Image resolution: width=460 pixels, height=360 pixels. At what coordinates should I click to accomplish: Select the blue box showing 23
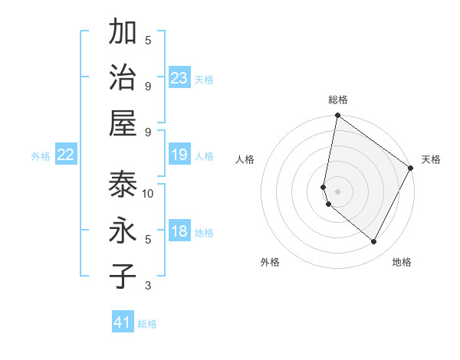(179, 78)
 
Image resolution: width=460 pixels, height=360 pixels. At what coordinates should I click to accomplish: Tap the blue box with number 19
(179, 155)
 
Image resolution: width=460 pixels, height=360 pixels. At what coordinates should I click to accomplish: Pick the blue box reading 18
(179, 232)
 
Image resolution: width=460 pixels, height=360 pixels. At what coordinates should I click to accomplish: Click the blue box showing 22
(66, 155)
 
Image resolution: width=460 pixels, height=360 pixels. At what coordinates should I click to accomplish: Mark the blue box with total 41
(123, 322)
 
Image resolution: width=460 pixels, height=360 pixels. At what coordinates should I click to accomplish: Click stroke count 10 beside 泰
(148, 194)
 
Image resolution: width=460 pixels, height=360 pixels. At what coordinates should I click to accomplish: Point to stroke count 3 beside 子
(148, 286)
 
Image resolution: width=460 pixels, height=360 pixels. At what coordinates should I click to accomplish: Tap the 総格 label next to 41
(147, 324)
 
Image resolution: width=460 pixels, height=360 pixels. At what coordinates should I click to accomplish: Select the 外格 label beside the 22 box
(41, 156)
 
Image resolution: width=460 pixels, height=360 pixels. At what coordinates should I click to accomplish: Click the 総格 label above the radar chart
(337, 100)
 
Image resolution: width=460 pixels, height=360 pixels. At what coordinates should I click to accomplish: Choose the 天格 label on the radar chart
(431, 159)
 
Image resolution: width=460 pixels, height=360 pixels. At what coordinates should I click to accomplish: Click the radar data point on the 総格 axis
(337, 116)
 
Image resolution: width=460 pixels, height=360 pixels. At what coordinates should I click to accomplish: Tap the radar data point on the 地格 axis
(373, 241)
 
